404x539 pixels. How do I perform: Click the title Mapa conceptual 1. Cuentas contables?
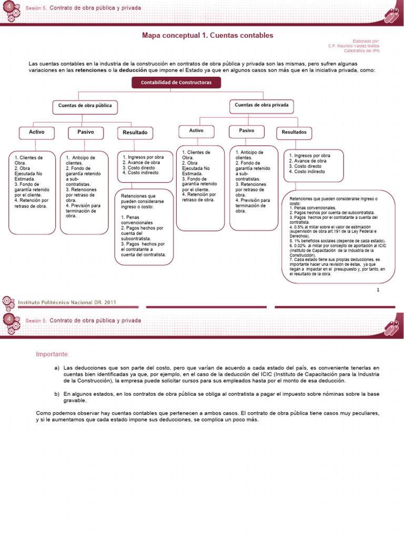click(208, 36)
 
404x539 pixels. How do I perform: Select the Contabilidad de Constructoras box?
click(176, 83)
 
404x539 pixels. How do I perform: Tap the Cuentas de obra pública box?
click(85, 106)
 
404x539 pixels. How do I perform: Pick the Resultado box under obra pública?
click(135, 133)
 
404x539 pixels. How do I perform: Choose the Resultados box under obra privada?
click(294, 132)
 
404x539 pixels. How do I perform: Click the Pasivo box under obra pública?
click(86, 132)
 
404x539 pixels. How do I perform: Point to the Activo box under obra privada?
click(196, 131)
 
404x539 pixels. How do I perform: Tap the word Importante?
click(52, 354)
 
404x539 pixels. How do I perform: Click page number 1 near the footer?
click(378, 290)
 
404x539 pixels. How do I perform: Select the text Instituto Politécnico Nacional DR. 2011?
click(67, 302)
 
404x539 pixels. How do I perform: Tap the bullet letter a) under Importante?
click(57, 367)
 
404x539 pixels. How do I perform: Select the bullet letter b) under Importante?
click(57, 394)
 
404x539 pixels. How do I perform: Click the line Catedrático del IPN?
click(361, 51)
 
